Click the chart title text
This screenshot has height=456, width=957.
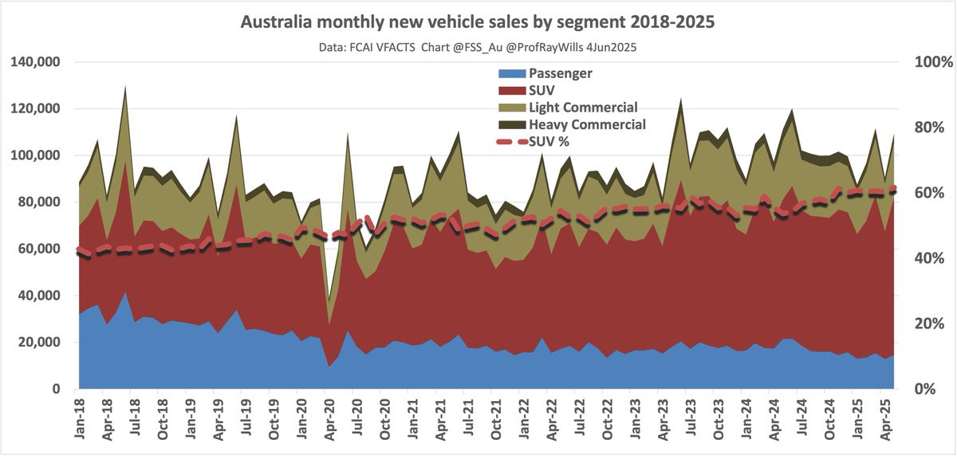[478, 22]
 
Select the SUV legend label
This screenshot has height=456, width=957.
[542, 91]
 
